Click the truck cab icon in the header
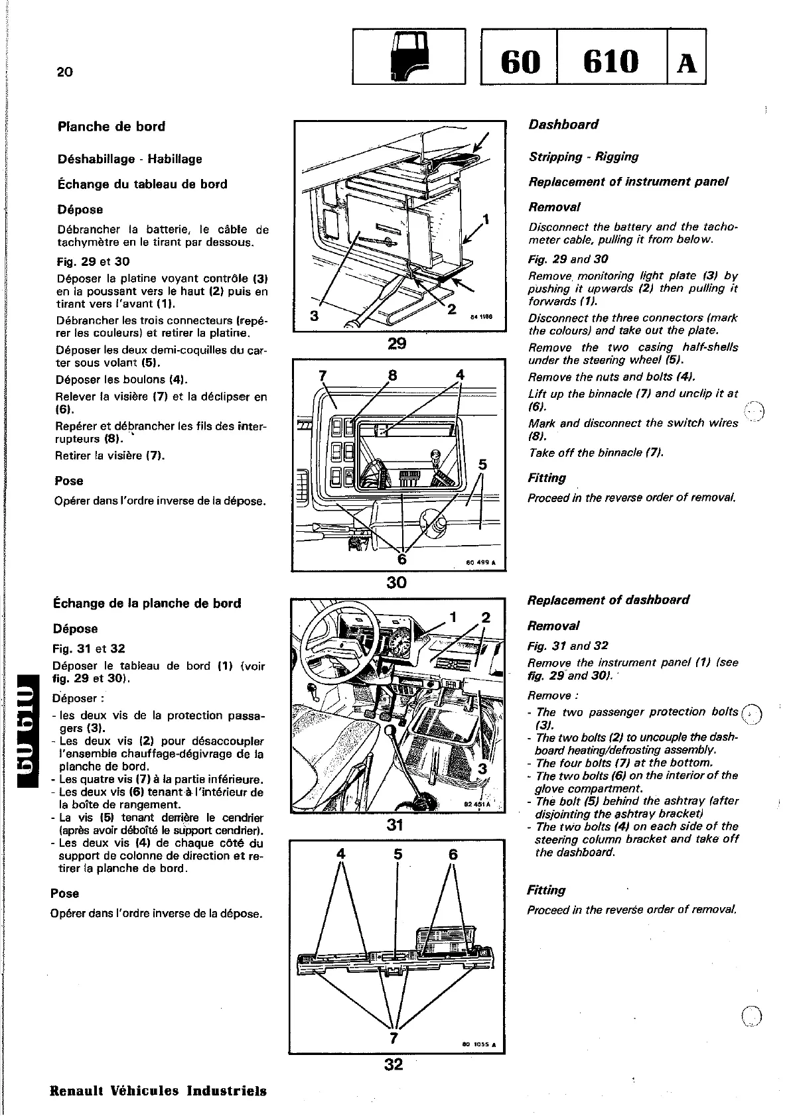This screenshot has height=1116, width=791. (x=408, y=56)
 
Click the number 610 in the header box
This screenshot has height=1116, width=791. (x=611, y=62)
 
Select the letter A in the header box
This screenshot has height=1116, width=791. (x=686, y=63)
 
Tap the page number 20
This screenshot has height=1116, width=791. (x=64, y=72)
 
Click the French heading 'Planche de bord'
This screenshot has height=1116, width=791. (x=111, y=127)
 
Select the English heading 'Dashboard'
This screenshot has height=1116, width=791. (x=563, y=125)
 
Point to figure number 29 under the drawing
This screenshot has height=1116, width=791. (x=397, y=343)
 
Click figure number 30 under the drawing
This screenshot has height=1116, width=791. (x=396, y=582)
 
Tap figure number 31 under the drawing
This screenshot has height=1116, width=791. (x=395, y=826)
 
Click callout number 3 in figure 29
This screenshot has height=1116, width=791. (x=314, y=316)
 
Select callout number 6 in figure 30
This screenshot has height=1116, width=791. (x=401, y=558)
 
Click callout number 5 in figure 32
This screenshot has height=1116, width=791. (x=397, y=855)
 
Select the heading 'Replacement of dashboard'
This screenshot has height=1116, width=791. (x=608, y=600)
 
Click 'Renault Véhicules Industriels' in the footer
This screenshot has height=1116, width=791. (x=159, y=1091)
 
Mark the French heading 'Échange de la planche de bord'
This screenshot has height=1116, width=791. (x=147, y=603)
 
